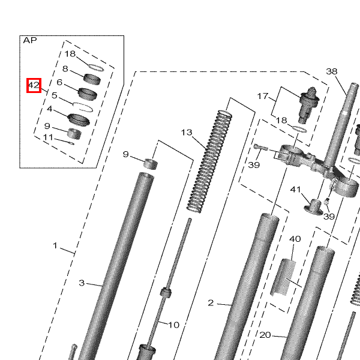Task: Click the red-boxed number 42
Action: coord(34,85)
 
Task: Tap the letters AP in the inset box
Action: coord(30,40)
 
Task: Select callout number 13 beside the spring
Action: coord(187,133)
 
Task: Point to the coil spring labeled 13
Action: coord(209,161)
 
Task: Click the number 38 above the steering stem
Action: coord(332,71)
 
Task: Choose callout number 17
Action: coord(263,96)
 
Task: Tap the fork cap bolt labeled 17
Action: coord(309,104)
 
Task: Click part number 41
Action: coord(295,190)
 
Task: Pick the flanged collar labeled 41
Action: coord(314,206)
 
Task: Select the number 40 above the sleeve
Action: coord(295,239)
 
